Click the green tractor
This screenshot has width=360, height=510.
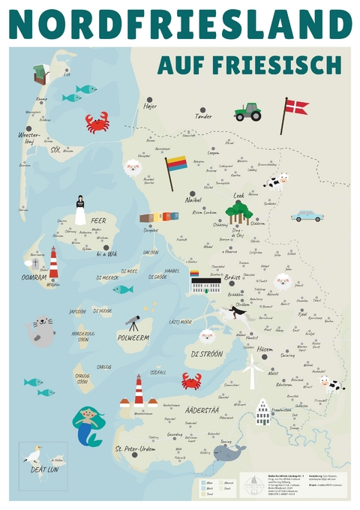point(247,112)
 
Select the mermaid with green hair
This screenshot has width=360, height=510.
point(88,424)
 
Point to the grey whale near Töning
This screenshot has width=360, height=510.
point(229,451)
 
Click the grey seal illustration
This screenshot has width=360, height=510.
point(41,331)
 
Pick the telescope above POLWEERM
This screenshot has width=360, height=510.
point(132,323)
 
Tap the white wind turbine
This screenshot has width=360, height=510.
point(253,370)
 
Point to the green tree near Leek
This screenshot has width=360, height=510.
point(239,211)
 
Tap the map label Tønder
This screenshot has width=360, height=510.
point(203,116)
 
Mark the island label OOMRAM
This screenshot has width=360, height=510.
point(34,277)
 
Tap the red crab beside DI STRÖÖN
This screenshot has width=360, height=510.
point(191,381)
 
